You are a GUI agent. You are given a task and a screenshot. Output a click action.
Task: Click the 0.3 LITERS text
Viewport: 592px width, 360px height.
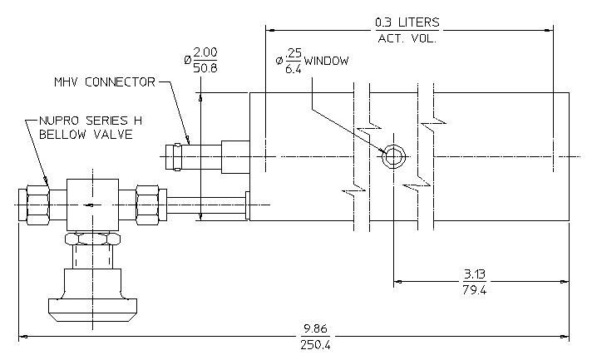(x=407, y=22)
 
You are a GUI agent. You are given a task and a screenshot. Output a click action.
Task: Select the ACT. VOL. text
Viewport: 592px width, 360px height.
(x=407, y=38)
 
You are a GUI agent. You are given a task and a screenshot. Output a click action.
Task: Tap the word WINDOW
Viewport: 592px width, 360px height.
(x=326, y=62)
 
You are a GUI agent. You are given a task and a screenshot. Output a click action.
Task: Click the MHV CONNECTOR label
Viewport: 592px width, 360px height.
(x=105, y=81)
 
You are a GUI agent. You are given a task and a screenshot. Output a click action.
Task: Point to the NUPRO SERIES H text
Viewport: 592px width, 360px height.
(x=91, y=121)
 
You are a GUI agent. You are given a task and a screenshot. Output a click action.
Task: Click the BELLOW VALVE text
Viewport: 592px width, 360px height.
(x=86, y=135)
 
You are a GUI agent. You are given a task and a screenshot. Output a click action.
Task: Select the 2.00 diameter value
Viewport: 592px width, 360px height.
(x=205, y=52)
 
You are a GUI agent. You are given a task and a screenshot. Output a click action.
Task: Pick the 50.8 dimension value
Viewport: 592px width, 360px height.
(x=205, y=67)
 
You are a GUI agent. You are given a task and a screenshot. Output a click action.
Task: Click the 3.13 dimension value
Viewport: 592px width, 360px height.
(x=474, y=274)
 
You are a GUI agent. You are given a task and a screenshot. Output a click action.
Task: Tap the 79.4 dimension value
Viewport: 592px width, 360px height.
(x=474, y=290)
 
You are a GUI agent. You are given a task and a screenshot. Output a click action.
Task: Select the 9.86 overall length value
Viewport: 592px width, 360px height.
(x=315, y=328)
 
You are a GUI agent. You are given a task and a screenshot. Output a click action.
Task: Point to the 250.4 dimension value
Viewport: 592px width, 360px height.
(x=315, y=345)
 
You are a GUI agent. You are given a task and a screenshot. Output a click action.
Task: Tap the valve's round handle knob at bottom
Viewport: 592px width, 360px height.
(x=92, y=310)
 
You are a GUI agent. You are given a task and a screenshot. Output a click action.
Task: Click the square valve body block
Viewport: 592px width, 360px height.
(x=92, y=205)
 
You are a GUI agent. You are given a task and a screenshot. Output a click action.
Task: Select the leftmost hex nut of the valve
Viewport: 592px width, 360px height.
(x=37, y=205)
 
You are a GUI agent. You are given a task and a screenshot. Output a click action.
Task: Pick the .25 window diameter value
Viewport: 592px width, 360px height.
(x=294, y=53)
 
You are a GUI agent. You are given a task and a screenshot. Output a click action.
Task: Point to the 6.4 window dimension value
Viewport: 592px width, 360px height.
(x=294, y=69)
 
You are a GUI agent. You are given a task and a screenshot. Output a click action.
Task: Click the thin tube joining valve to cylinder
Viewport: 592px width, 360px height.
(x=206, y=205)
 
